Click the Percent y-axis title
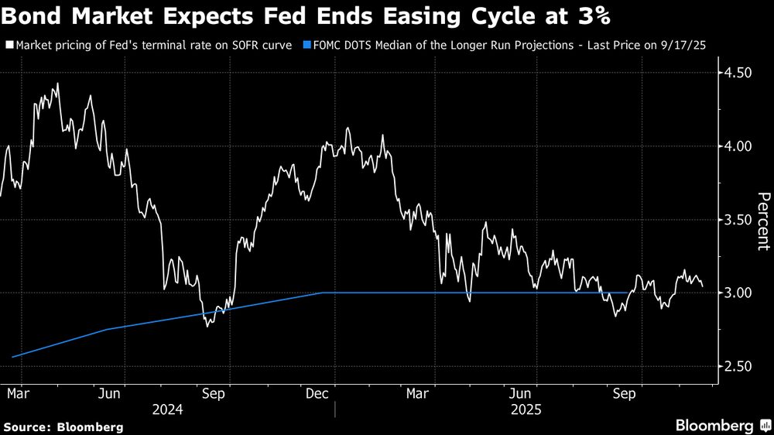pyautogui.click(x=763, y=221)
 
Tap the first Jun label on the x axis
pyautogui.click(x=109, y=394)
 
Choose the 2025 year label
pyautogui.click(x=524, y=409)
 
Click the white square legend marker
pyautogui.click(x=9, y=46)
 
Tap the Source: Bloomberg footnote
pyautogui.click(x=63, y=426)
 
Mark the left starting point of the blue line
pyautogui.click(x=13, y=357)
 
